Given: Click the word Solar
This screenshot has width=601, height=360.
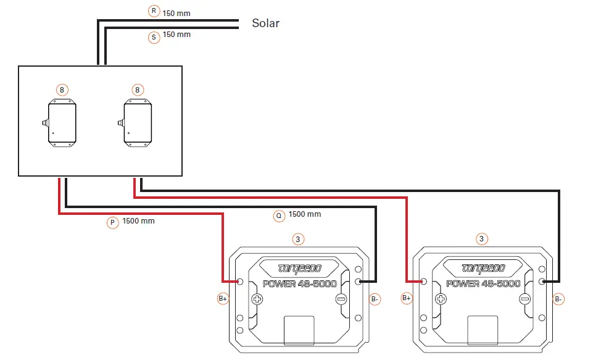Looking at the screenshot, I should click(x=265, y=23).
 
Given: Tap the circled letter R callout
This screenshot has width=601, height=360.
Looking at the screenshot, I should click(x=154, y=12).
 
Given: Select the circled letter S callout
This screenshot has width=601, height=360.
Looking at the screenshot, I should click(x=154, y=37).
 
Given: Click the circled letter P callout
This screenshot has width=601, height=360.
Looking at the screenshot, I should click(x=112, y=223).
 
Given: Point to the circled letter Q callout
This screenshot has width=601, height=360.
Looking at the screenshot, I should click(x=279, y=216).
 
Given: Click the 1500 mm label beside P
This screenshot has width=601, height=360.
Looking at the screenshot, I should click(x=139, y=220).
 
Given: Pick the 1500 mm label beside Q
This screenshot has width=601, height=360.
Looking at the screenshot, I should click(x=305, y=214).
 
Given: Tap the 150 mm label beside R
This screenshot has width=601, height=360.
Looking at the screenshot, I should click(x=176, y=13).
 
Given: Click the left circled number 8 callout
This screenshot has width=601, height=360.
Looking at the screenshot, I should click(x=62, y=90).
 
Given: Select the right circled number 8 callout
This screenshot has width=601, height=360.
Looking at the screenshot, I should click(x=138, y=90).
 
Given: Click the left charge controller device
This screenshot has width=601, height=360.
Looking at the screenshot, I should click(x=62, y=123).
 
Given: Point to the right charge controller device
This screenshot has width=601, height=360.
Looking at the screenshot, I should click(x=137, y=123).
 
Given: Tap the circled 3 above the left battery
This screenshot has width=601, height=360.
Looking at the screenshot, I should click(x=299, y=238).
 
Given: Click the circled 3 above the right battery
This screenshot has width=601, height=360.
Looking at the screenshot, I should click(x=482, y=238).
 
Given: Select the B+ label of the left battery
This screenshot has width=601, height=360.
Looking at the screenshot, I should click(x=223, y=299).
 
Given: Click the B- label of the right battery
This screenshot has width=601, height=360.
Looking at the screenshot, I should click(x=558, y=299).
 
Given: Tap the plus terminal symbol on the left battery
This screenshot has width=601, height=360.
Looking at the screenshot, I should click(x=257, y=299).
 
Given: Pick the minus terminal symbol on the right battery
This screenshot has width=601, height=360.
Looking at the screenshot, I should click(x=524, y=299).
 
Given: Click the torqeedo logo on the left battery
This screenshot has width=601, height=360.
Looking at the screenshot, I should click(x=299, y=269).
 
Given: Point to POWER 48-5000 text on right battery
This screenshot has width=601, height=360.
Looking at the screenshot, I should click(x=483, y=284).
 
